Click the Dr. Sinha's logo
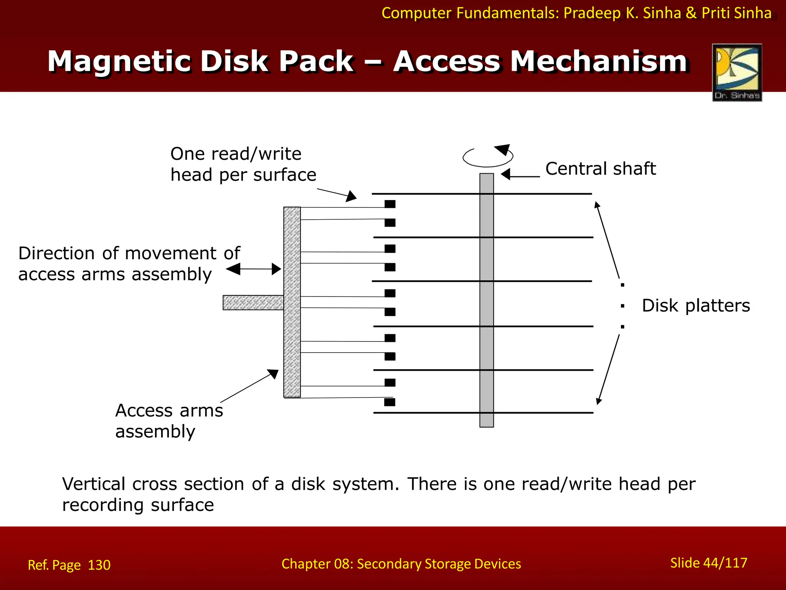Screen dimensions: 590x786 tap(737, 72)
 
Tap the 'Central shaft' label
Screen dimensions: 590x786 tap(600, 169)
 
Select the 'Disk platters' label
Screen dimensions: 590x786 tap(695, 306)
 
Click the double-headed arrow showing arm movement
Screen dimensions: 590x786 tap(254, 269)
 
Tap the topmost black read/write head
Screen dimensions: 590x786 tap(390, 204)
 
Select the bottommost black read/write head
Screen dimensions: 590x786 tap(390, 402)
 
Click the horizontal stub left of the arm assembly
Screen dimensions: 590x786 tap(253, 302)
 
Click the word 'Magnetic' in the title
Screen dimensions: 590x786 tap(119, 61)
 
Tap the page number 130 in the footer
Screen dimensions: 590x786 tap(99, 565)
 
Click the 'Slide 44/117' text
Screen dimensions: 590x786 tap(708, 563)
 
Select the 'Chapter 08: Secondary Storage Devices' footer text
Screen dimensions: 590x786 tap(401, 563)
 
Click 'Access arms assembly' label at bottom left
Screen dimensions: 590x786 tap(169, 421)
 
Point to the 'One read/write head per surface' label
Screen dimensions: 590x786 tap(243, 164)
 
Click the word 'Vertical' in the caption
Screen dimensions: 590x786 tap(94, 484)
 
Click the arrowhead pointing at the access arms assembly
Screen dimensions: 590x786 tap(273, 373)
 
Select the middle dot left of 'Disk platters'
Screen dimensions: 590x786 tap(622, 306)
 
